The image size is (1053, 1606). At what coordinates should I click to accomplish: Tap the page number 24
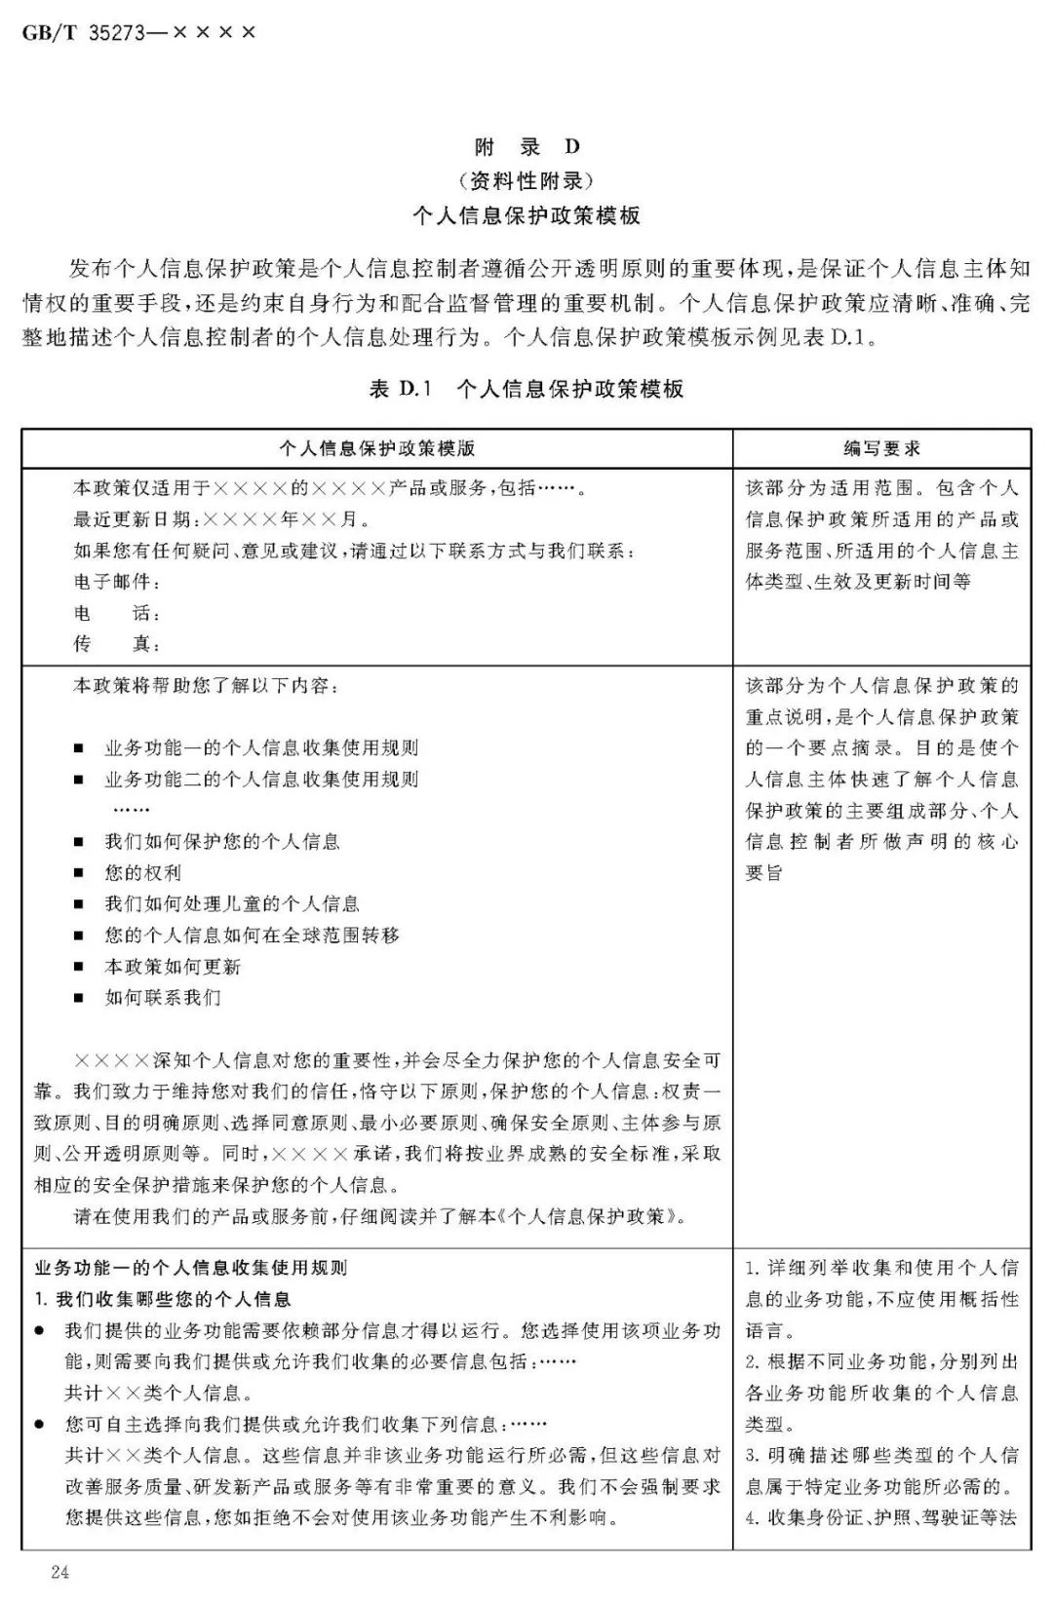pyautogui.click(x=60, y=1572)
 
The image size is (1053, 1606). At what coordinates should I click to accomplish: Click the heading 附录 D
pyautogui.click(x=526, y=147)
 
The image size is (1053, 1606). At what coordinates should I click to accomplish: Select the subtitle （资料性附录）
pyautogui.click(x=526, y=180)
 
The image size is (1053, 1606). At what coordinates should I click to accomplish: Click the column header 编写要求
pyautogui.click(x=881, y=448)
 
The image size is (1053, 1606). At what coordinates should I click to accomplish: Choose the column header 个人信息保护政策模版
pyautogui.click(x=377, y=448)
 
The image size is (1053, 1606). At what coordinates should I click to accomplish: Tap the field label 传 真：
pyautogui.click(x=117, y=644)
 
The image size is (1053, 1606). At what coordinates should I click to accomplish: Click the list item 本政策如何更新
pyautogui.click(x=173, y=967)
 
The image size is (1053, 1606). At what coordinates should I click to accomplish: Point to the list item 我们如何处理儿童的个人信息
pyautogui.click(x=232, y=904)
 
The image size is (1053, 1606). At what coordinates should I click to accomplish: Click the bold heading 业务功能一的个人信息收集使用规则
pyautogui.click(x=191, y=1268)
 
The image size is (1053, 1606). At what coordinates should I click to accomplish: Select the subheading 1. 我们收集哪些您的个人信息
pyautogui.click(x=163, y=1299)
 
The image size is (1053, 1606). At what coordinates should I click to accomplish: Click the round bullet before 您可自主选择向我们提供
pyautogui.click(x=39, y=1425)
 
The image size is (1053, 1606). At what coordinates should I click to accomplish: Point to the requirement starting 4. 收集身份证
pyautogui.click(x=881, y=1517)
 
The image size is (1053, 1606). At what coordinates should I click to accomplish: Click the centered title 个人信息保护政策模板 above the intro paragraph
pyautogui.click(x=526, y=215)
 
